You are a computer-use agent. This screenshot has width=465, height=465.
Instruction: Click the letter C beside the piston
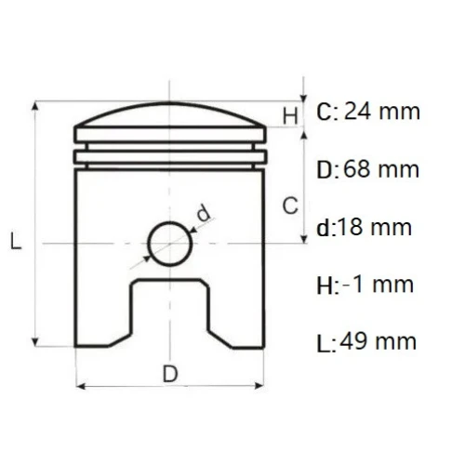(x=290, y=206)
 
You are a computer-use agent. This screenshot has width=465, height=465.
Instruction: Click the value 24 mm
(x=382, y=113)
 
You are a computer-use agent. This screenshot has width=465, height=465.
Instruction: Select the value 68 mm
(x=381, y=170)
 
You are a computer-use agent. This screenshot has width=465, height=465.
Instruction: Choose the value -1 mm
(x=378, y=285)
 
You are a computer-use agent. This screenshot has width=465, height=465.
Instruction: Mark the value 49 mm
(x=380, y=341)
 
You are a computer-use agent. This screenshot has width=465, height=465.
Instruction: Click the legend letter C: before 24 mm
(x=326, y=113)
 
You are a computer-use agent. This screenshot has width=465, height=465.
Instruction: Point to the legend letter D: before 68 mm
(x=327, y=170)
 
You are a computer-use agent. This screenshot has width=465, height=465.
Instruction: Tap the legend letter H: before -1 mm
(x=326, y=285)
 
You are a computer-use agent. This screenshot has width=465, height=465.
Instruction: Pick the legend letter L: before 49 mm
(x=325, y=342)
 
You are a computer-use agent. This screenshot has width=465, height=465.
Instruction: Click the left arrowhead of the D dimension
(x=80, y=384)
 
